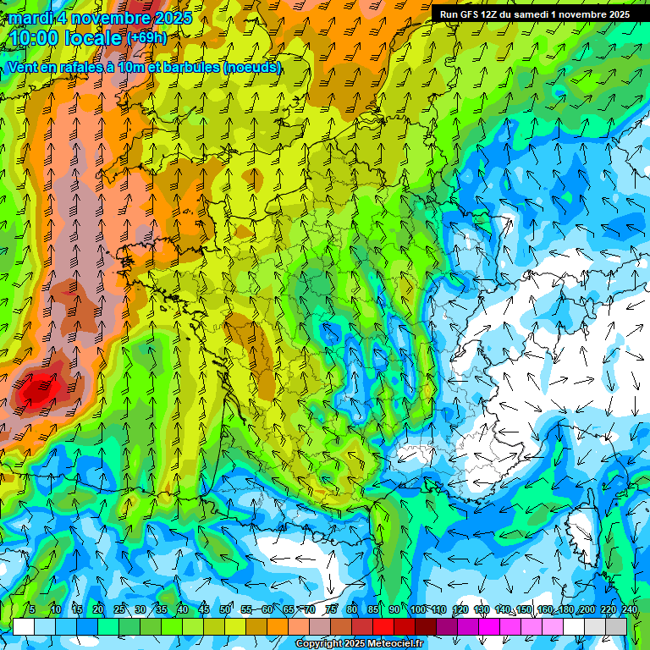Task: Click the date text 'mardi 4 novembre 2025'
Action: click(x=100, y=18)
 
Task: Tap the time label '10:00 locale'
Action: click(x=65, y=38)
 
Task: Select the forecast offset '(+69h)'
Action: click(x=146, y=38)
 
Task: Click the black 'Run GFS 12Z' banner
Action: click(x=534, y=14)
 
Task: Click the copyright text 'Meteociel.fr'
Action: click(x=394, y=644)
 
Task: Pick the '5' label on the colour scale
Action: click(x=32, y=609)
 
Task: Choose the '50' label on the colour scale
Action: click(x=225, y=609)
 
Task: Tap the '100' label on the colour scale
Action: click(x=417, y=609)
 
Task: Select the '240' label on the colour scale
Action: click(x=629, y=609)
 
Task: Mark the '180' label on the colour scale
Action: click(x=565, y=609)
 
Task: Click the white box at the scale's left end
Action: click(x=24, y=626)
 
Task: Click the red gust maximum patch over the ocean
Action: click(x=36, y=391)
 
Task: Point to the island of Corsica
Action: click(x=581, y=529)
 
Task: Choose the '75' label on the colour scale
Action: click(x=331, y=609)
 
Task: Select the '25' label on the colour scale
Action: click(x=119, y=609)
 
